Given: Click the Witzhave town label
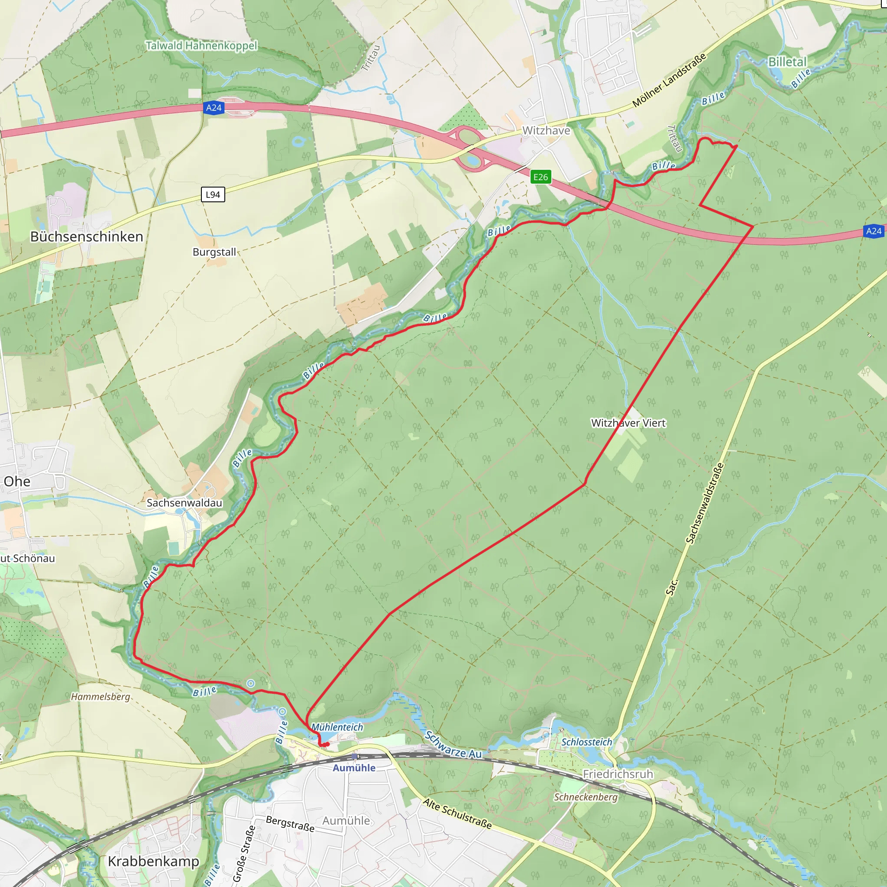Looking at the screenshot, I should [546, 131].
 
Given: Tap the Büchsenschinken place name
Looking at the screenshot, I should [87, 237].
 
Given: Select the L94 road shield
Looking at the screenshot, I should [213, 194].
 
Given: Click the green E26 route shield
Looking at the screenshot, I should [541, 177].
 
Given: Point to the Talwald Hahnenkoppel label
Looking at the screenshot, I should [201, 46].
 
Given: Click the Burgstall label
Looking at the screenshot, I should [214, 252].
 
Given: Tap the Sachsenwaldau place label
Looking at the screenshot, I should [184, 503].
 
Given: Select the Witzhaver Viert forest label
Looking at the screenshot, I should [628, 423].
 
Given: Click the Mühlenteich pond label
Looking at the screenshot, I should [337, 727].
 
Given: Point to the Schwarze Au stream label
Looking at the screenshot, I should [453, 745].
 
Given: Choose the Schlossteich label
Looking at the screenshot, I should [587, 742].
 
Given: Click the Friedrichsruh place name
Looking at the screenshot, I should [618, 774].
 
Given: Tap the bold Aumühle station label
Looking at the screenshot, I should [354, 768].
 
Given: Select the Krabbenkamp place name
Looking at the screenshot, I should [153, 861].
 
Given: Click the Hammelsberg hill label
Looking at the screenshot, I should [100, 696].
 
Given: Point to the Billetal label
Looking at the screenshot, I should [787, 62].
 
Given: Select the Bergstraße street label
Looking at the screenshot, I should [290, 824].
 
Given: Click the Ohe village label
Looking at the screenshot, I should [17, 482].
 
